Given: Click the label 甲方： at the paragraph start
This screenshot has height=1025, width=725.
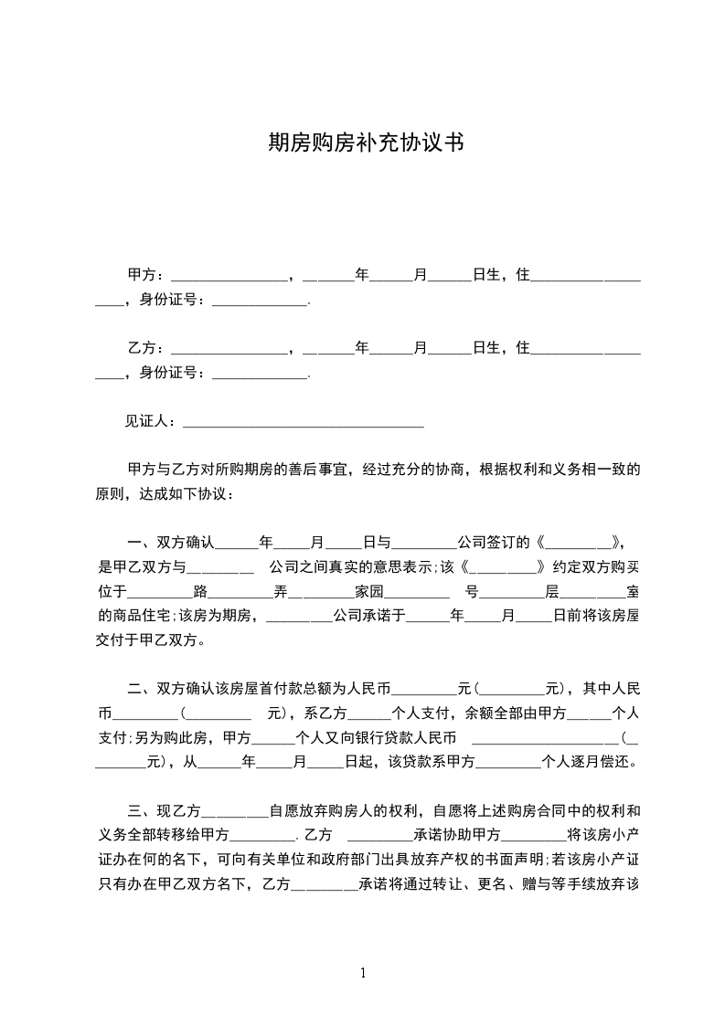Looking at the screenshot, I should (147, 274).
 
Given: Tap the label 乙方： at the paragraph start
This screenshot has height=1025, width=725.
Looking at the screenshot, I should (147, 347).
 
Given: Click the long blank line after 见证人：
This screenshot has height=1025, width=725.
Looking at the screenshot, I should (304, 423).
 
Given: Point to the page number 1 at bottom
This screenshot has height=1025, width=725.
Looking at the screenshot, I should (363, 972).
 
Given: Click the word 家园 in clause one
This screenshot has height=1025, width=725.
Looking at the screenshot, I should (369, 590).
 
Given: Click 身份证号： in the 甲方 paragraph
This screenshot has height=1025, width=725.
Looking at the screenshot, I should (173, 299).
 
